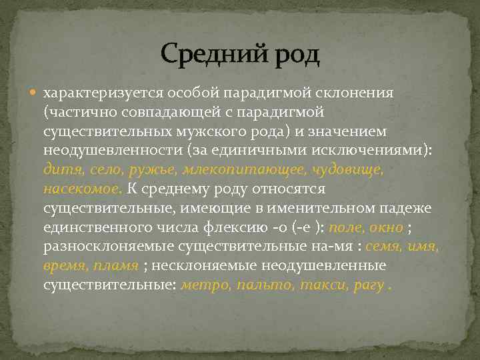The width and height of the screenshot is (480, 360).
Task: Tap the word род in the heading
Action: coord(293,55)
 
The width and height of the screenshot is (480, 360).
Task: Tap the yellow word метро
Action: coord(203,285)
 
